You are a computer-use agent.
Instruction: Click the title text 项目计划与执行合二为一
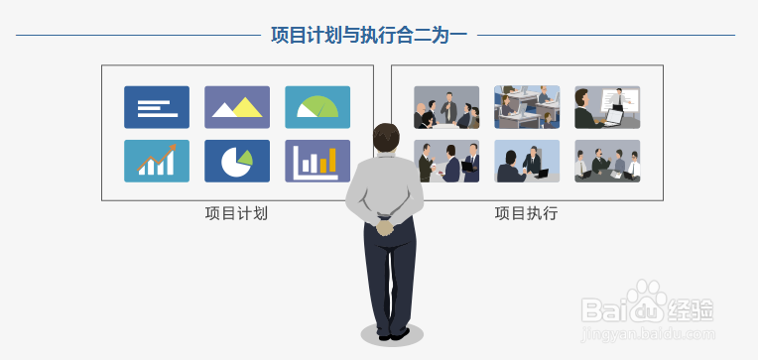[369, 36]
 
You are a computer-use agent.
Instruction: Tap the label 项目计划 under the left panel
[236, 213]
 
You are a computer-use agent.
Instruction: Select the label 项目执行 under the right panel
[526, 213]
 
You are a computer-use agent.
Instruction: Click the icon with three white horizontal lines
[156, 107]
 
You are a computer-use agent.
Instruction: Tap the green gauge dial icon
[317, 107]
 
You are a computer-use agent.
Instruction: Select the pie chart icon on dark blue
[236, 161]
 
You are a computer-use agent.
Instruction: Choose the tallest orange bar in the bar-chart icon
[333, 159]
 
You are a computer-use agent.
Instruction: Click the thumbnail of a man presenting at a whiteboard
[606, 107]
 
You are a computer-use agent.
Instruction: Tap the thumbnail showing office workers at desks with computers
[526, 107]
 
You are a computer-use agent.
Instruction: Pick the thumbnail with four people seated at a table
[606, 161]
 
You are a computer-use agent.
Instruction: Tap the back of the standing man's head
[386, 138]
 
